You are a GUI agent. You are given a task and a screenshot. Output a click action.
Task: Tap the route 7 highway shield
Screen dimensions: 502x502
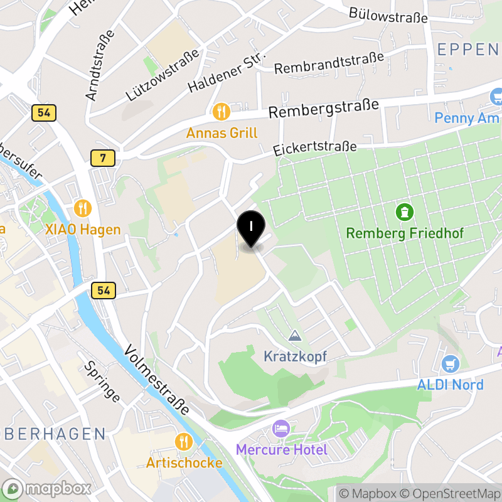[102, 158]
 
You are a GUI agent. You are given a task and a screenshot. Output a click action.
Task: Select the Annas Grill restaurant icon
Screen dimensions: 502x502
[221, 112]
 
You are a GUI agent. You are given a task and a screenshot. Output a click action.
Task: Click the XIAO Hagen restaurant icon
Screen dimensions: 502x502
[82, 208]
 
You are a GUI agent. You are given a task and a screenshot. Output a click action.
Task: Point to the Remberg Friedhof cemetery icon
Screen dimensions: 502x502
[405, 212]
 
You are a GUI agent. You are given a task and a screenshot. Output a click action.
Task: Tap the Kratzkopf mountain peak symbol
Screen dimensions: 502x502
[295, 336]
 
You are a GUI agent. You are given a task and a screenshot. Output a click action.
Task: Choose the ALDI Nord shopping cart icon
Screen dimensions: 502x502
[450, 363]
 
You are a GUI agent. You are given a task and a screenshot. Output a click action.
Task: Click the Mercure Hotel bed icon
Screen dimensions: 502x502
[281, 429]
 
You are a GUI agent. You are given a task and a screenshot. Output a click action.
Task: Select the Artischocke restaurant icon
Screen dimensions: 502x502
[184, 442]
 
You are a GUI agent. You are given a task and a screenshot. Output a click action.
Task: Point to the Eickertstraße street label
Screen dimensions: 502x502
[315, 149]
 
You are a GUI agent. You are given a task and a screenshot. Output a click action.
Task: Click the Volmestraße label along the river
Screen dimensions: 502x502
[157, 380]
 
